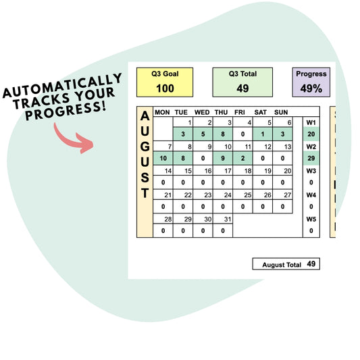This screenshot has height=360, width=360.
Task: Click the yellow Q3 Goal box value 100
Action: (x=165, y=88)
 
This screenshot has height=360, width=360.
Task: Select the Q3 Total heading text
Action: (x=242, y=74)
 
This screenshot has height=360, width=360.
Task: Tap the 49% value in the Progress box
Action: (x=311, y=88)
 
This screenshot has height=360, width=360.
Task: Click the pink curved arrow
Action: (x=74, y=138)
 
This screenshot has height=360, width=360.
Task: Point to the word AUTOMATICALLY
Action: (x=62, y=85)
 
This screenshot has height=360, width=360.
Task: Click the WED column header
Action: (x=202, y=112)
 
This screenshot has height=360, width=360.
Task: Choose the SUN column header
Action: (x=281, y=112)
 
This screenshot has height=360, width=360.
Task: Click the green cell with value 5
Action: (x=203, y=134)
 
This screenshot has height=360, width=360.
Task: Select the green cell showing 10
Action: (x=163, y=158)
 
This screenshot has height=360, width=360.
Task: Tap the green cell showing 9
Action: (x=223, y=158)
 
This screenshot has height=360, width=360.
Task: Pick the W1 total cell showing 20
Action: (x=311, y=134)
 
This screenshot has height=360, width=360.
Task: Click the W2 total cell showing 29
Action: (x=311, y=158)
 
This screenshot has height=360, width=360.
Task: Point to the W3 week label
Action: (x=311, y=171)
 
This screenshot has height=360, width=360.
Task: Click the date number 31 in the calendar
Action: (x=228, y=220)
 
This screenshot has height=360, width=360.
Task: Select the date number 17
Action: (x=228, y=171)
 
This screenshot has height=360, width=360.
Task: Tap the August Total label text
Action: (x=282, y=265)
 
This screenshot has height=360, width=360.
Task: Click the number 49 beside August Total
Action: (x=311, y=264)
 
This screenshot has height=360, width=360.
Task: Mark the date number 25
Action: (x=248, y=195)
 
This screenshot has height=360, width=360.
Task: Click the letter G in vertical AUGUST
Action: (x=145, y=147)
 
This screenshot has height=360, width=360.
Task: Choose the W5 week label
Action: (x=311, y=220)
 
